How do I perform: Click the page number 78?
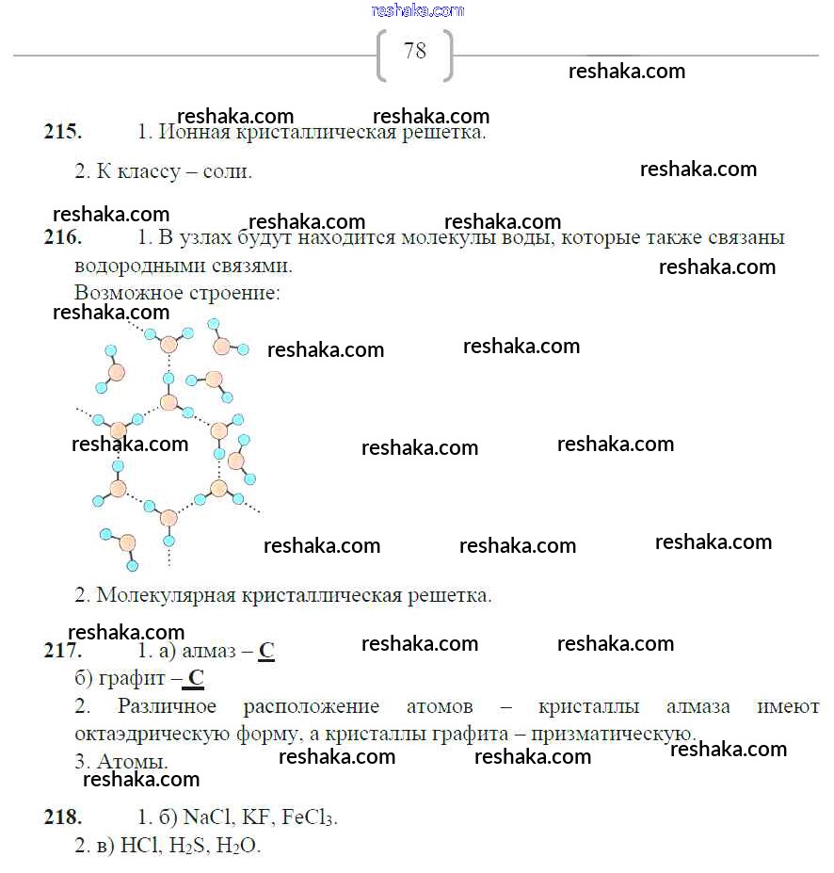pos(414,51)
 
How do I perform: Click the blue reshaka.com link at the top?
pos(418,10)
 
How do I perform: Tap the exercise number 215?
pos(62,132)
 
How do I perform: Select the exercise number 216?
pos(62,237)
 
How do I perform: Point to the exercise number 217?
pos(62,651)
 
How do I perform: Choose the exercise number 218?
pos(62,816)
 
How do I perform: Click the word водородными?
pos(135,266)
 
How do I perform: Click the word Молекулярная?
pos(167,595)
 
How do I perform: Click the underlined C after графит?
pos(196,678)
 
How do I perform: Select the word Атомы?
pos(133,761)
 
